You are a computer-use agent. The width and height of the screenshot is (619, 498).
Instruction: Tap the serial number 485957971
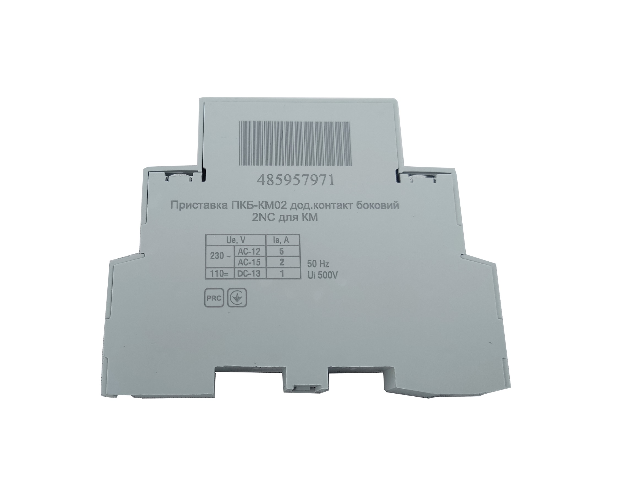click(x=296, y=181)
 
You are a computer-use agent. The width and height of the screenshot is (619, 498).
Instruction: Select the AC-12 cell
click(x=249, y=251)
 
